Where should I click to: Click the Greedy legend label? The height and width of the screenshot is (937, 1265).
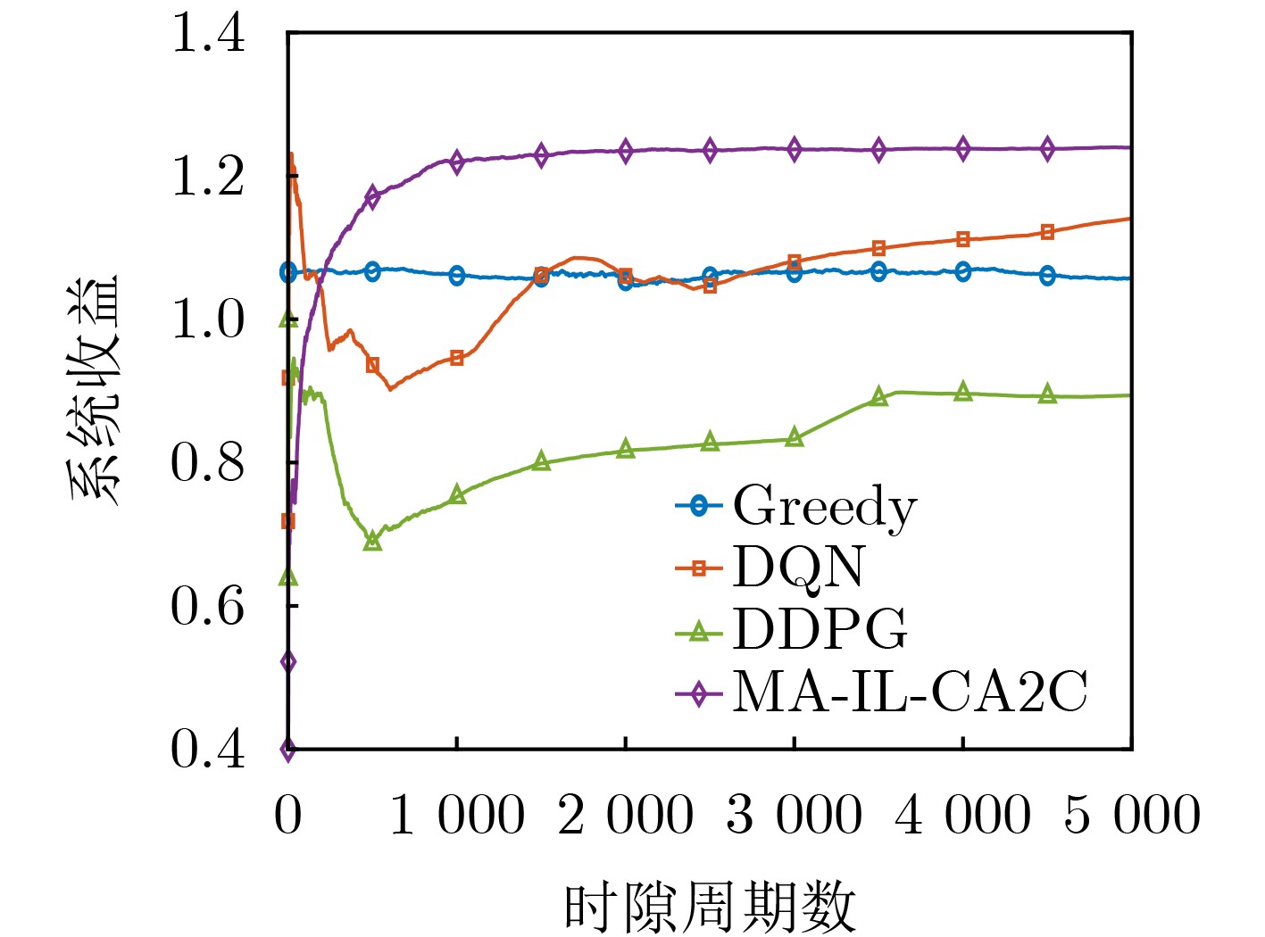pos(824,507)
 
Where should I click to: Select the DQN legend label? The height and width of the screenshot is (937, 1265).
pos(798,568)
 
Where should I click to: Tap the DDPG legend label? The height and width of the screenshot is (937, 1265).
pos(820,629)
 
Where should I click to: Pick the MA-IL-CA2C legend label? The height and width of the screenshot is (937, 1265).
pos(910,692)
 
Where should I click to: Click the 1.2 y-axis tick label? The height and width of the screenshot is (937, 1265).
pos(207,177)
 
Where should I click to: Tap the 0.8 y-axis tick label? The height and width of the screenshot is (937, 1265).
pos(207,462)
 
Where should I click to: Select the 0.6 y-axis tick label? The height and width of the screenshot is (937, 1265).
pos(207,606)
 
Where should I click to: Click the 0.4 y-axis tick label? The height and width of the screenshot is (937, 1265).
pos(207,749)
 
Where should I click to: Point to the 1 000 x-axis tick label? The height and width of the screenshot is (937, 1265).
pos(457,815)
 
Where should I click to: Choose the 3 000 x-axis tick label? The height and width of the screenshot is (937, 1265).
pos(795,815)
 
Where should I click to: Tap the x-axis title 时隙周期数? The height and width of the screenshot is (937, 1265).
pos(710,908)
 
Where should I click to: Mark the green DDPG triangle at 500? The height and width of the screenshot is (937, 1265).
pos(372,541)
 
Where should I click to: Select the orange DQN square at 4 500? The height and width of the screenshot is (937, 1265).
pos(1048,232)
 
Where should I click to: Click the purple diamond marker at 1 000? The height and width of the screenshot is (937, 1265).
pos(457,162)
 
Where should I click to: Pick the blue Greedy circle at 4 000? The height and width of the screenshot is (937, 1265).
pos(963,271)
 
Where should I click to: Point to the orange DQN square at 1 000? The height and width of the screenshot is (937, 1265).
pos(457,358)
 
